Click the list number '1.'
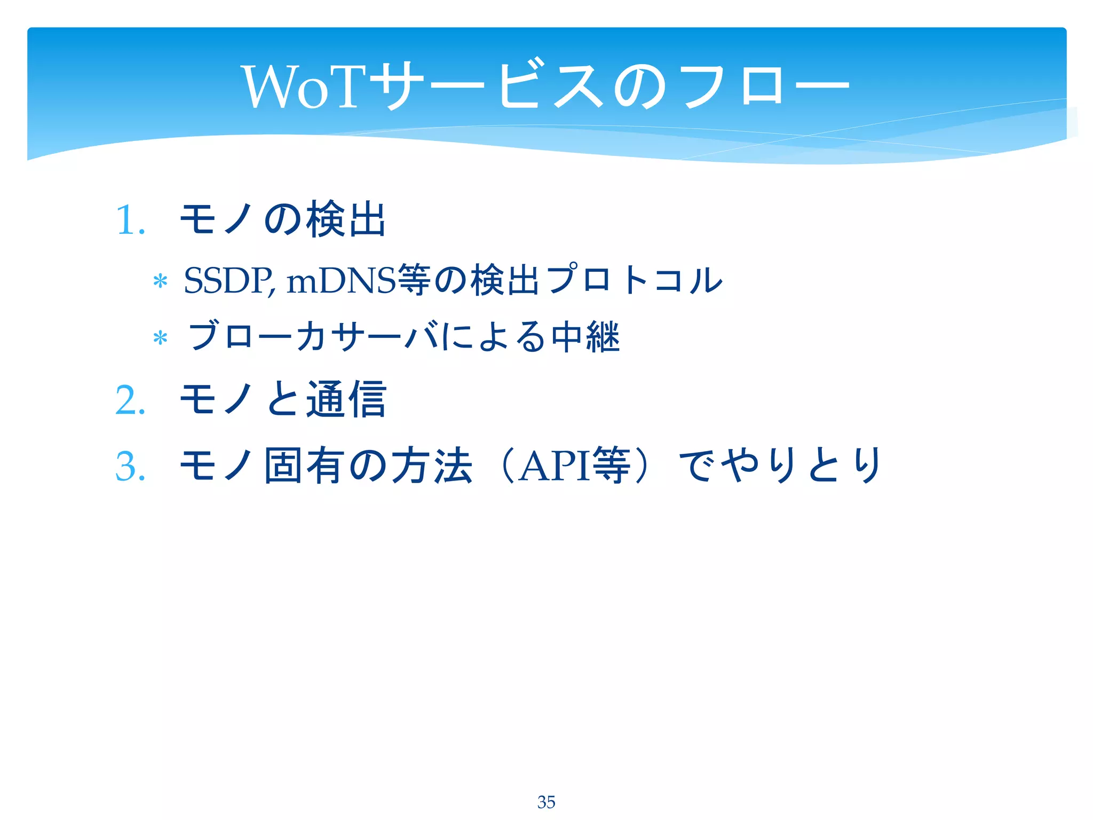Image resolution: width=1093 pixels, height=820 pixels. tap(130, 220)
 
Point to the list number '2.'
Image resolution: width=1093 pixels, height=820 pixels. tap(130, 400)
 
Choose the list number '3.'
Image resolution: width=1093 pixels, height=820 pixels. tap(130, 467)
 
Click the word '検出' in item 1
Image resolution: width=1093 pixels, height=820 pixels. tap(345, 219)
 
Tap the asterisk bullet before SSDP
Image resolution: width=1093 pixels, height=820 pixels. tap(160, 281)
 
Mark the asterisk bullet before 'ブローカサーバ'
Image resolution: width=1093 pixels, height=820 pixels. tap(160, 338)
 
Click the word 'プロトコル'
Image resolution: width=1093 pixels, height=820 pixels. tap(635, 280)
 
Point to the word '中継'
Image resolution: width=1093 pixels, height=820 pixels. tap(585, 336)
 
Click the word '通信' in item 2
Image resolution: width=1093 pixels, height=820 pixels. tap(345, 399)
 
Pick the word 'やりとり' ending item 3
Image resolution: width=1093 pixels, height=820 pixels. tap(801, 466)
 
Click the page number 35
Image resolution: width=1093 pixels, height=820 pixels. tap(546, 802)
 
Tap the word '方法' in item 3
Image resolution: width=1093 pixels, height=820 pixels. tap(431, 466)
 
